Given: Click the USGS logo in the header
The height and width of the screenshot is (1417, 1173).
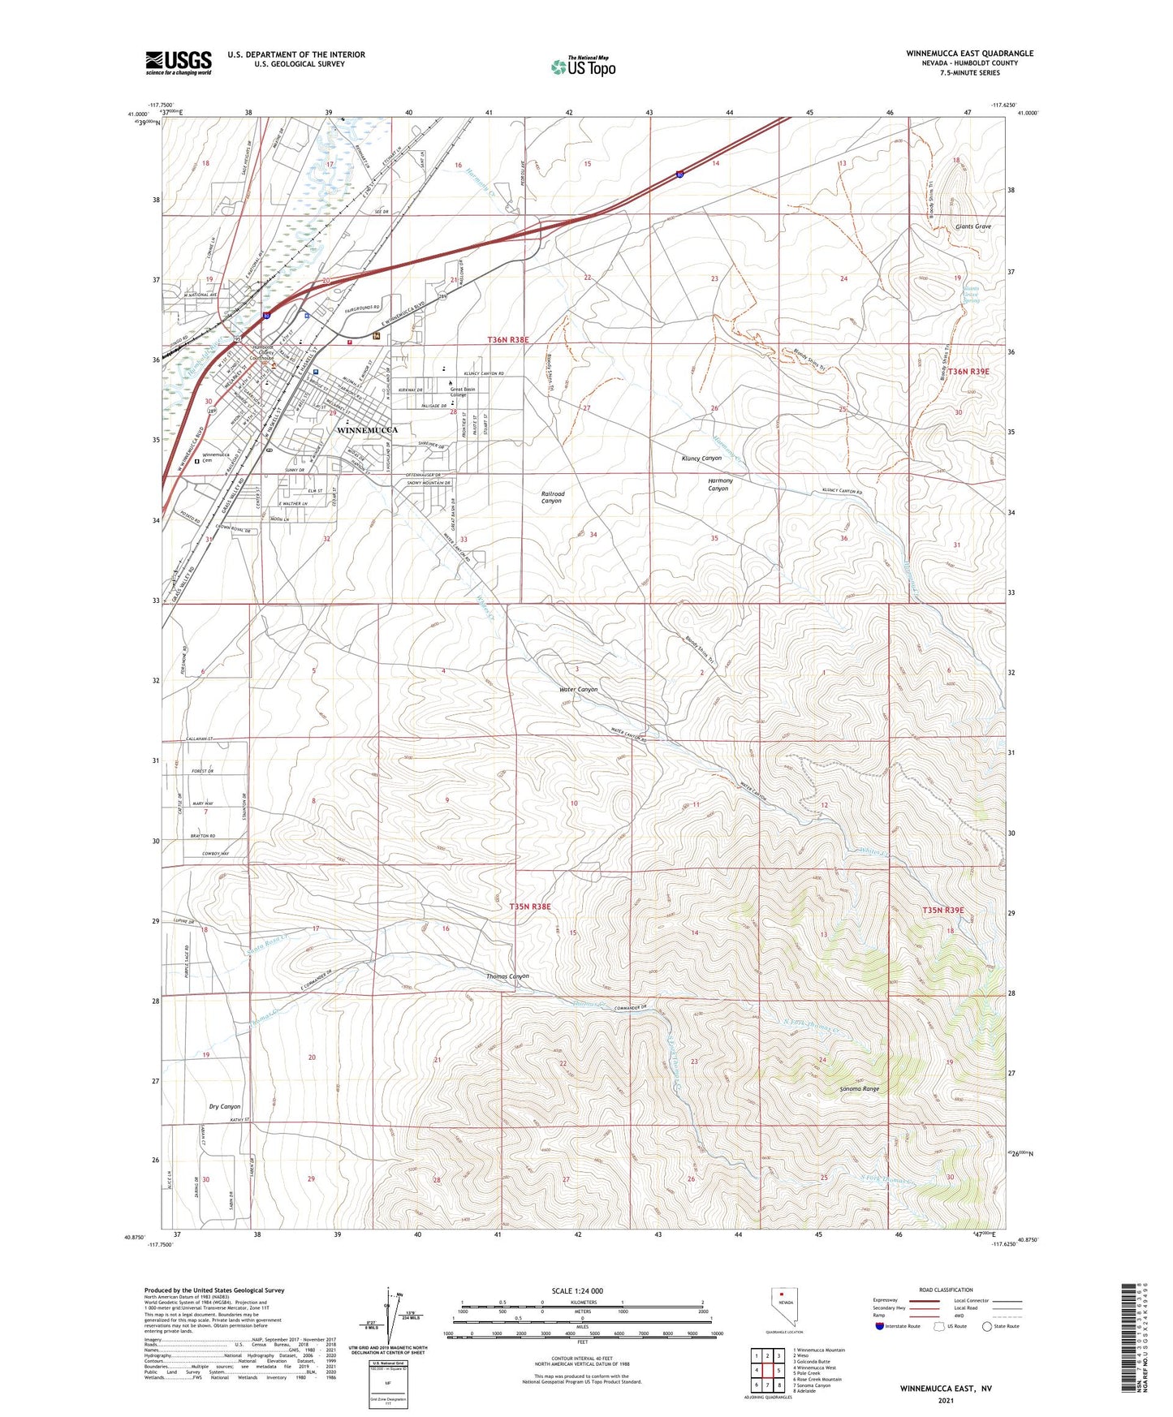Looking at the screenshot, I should tap(179, 62).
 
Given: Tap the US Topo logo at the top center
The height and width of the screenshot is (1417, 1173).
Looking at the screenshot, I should tap(582, 67).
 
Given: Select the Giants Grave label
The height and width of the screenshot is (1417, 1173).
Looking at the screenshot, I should tap(973, 226).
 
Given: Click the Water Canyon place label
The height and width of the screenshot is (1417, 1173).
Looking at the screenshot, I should tap(578, 689).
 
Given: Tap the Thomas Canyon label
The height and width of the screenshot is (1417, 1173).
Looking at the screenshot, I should tap(507, 976).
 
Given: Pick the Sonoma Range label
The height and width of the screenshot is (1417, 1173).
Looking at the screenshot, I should tap(859, 1088).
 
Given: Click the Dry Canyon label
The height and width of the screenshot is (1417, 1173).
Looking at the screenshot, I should tap(224, 1106).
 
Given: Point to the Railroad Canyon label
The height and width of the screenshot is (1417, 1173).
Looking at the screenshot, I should tap(552, 497).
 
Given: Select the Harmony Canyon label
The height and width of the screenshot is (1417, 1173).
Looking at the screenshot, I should tap(719, 485).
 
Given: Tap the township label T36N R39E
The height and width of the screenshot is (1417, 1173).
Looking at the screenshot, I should tap(969, 371).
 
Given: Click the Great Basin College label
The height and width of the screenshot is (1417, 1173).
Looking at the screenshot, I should tap(462, 392).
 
